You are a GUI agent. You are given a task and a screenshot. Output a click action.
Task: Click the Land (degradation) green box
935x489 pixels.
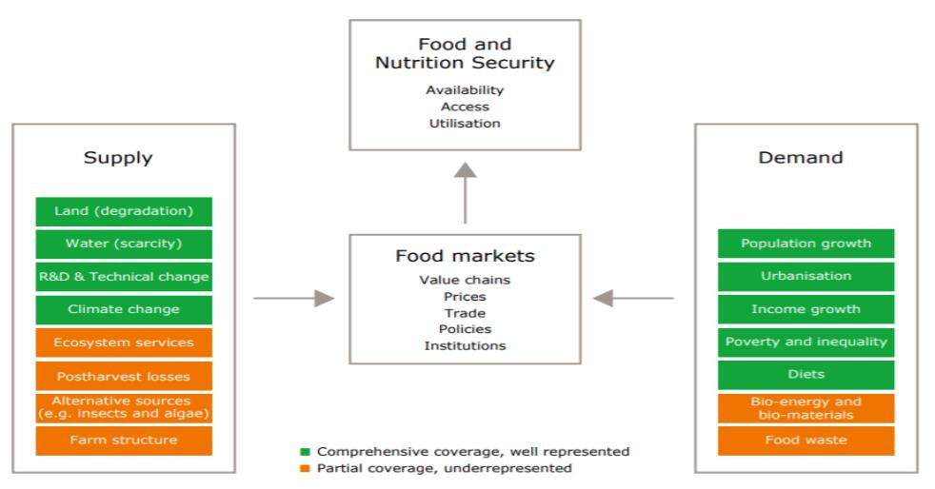pos(124,211)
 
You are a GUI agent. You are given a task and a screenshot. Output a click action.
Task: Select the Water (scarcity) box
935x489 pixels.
pos(124,244)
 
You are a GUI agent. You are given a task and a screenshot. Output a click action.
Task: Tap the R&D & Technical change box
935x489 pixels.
pos(124,277)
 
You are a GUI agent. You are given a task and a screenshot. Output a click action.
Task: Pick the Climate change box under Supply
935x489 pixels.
pos(124,309)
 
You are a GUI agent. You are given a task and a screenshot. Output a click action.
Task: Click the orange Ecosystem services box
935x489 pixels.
pos(124,342)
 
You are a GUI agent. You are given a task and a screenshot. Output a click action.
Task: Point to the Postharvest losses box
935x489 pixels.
pos(124,376)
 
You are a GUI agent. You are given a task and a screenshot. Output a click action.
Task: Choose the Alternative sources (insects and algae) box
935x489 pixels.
pos(124,407)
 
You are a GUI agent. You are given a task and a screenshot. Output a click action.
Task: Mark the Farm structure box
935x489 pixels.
pos(124,440)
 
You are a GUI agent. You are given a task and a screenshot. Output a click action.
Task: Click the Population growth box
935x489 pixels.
pos(806,244)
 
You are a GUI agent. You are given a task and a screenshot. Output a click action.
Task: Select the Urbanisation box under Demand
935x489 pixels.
pos(806,276)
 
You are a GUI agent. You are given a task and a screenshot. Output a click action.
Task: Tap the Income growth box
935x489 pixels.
pos(806,309)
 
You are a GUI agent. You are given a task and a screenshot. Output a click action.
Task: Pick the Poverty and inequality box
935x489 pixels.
pos(806,342)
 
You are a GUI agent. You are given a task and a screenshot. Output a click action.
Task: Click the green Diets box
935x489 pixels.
pos(806,374)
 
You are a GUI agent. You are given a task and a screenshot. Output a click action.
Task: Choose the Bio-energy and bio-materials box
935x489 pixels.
pos(806,407)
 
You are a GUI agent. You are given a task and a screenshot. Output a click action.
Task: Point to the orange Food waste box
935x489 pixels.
pos(806,440)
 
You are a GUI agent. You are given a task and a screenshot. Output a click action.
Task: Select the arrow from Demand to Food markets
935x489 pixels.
pos(633,299)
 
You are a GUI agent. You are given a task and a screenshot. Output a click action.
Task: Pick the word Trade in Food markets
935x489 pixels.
pos(465,313)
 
